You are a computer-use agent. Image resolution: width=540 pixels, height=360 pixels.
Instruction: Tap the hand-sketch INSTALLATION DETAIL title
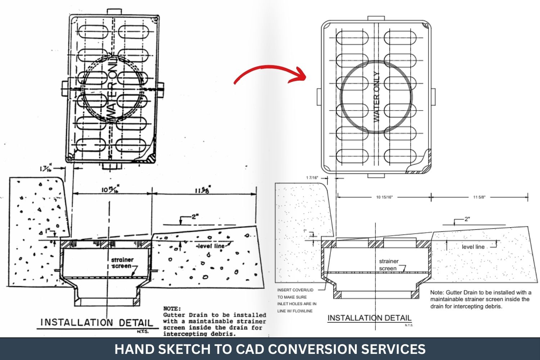pos(96,322)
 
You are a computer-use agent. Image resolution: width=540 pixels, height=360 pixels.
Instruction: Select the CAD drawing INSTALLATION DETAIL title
pos(369,318)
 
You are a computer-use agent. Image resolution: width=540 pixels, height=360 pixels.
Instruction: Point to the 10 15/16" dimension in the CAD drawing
pos(384,197)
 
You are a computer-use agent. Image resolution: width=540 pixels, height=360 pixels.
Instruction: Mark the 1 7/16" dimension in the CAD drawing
pos(312,178)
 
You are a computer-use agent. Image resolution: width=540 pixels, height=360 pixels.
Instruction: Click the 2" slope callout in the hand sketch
pos(195,217)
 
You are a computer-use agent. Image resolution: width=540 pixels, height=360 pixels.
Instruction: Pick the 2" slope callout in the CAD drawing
pos(467,219)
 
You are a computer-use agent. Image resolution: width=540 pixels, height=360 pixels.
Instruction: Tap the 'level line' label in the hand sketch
pos(210,246)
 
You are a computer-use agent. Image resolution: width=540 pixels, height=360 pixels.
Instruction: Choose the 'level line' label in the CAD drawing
pos(473,247)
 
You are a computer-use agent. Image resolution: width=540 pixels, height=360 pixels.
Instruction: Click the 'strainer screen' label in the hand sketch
pos(122,263)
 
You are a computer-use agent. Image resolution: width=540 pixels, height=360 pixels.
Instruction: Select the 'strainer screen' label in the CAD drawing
pos(388,265)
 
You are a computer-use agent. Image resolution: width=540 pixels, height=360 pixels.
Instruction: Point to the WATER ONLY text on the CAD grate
pos(377,97)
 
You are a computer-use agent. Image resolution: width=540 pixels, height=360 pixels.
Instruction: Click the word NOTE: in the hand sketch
pos(172,309)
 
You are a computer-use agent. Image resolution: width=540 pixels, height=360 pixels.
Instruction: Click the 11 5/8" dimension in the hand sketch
pos(203,190)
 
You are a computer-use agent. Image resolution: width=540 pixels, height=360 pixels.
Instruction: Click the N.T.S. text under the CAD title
pos(409,325)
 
